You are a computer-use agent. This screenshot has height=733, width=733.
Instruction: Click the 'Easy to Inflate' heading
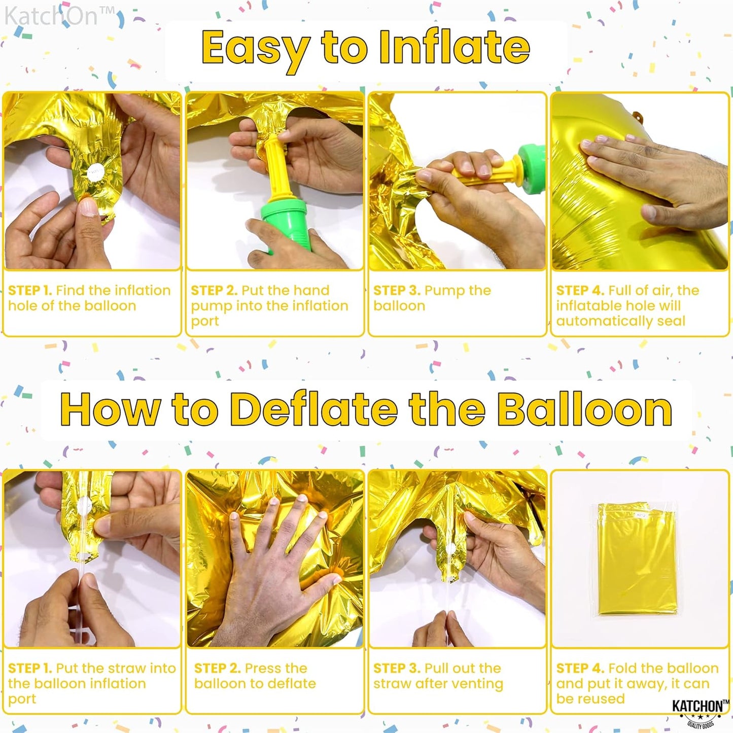click(x=365, y=48)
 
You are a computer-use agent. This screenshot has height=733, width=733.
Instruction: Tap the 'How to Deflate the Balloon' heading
click(x=366, y=410)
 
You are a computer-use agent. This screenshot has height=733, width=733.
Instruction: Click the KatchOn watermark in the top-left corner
click(x=58, y=16)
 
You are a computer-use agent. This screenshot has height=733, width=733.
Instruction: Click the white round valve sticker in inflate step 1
click(x=95, y=172)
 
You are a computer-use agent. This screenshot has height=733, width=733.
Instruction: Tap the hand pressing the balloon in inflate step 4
click(x=654, y=178)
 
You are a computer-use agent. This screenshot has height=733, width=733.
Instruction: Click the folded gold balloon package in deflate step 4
click(x=637, y=558)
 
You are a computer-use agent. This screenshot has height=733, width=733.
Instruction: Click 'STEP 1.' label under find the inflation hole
click(x=30, y=291)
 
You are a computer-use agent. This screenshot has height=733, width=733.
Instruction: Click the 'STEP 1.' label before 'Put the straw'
click(x=30, y=669)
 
